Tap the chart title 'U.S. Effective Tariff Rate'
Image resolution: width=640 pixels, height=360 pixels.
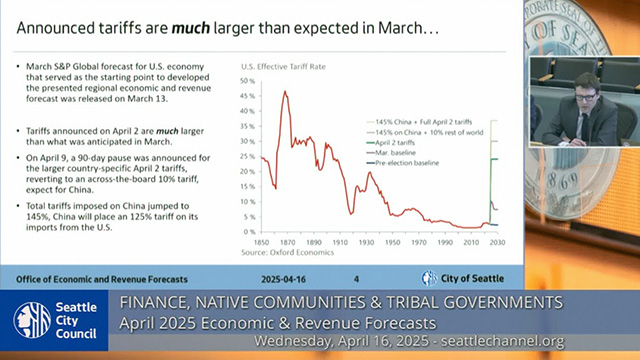tap(284, 66)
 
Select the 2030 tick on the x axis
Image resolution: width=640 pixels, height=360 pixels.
tap(497, 242)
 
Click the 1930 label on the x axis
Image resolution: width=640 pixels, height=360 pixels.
tap(367, 242)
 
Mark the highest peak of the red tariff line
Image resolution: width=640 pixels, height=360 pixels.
tap(285, 92)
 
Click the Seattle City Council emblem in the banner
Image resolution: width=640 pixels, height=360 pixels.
tap(33, 319)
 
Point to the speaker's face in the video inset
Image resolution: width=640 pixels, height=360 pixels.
tap(586, 84)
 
